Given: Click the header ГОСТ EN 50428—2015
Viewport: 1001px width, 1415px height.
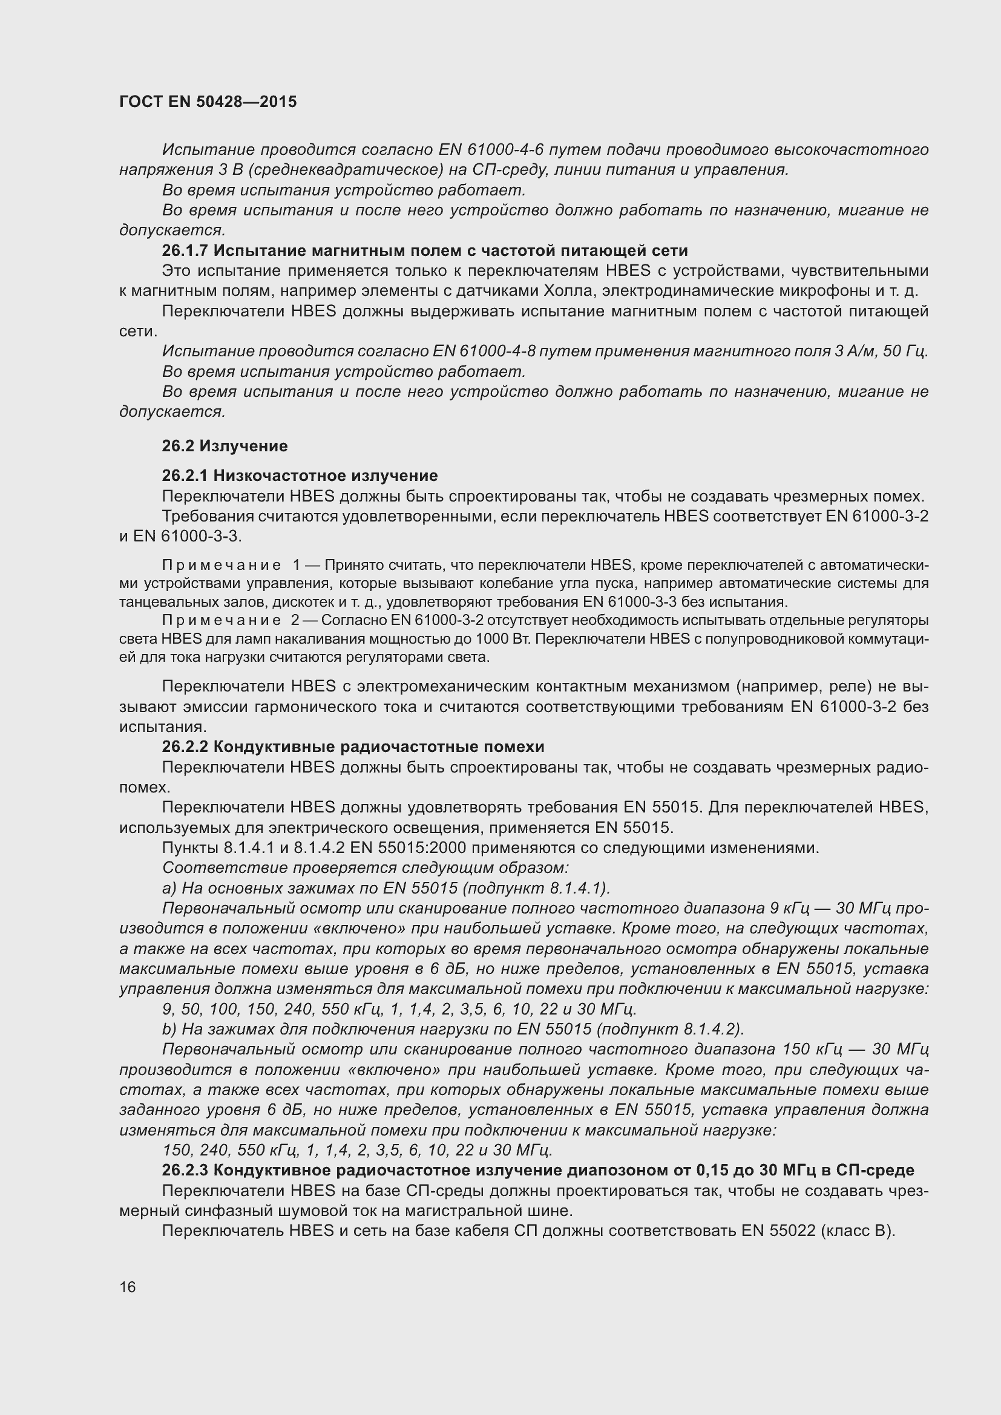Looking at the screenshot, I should coord(208,102).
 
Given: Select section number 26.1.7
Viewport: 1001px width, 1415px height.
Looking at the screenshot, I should coord(185,251).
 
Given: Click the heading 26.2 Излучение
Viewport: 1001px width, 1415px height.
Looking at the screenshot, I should coord(225,446).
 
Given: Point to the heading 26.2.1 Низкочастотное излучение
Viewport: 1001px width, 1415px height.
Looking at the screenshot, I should coord(300,475).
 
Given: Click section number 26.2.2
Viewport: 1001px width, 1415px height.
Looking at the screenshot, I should coord(185,747).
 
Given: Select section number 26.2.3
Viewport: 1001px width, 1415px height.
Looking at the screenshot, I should coord(185,1170).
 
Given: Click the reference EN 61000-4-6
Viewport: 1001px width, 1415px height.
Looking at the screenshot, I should coord(490,150).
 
